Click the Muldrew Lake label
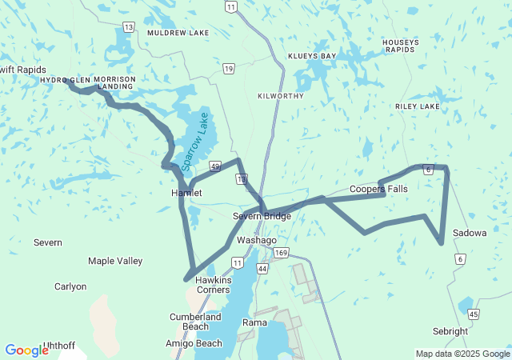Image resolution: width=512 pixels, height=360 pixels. (178, 33)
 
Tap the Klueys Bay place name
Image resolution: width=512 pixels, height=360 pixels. (312, 57)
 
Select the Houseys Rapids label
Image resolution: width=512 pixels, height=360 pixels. (400, 46)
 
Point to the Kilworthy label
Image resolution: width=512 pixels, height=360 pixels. (281, 95)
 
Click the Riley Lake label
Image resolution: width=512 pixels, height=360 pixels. (417, 106)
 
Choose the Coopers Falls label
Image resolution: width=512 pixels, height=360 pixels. (378, 189)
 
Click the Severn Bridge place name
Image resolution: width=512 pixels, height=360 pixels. (262, 217)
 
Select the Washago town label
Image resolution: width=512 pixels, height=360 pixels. (257, 240)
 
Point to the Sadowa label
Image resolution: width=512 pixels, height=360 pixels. (470, 233)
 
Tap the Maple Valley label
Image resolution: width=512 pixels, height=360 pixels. (115, 261)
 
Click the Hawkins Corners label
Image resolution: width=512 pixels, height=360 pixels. (214, 285)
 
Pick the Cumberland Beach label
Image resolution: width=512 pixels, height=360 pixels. (195, 322)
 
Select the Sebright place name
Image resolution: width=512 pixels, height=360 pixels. (450, 331)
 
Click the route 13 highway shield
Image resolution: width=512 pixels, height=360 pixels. (128, 27)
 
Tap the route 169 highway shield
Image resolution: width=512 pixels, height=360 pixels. (280, 253)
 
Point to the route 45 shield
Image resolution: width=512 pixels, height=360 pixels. (474, 314)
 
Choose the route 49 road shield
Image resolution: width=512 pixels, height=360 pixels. (215, 166)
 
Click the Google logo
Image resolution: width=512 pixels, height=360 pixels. (26, 350)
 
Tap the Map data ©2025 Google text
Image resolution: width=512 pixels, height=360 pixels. (462, 354)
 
